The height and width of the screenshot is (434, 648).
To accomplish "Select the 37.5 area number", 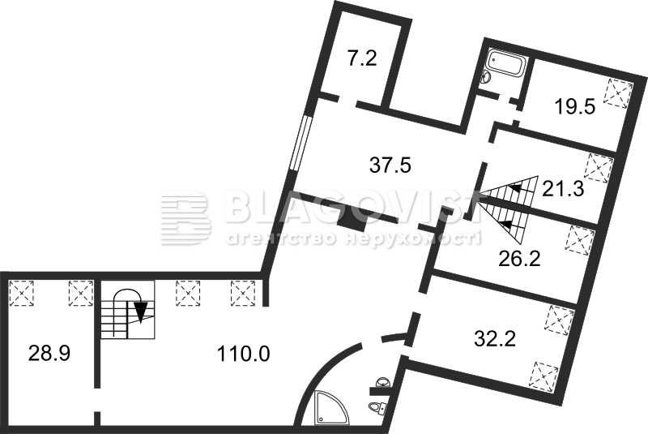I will point(390,165).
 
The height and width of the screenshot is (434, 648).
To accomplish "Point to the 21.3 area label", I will point(563,190).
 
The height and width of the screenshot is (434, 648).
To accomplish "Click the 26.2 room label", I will point(519,260).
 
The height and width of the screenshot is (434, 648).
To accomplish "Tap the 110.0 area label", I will point(243,354).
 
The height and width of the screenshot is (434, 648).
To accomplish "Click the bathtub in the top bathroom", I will point(506,64).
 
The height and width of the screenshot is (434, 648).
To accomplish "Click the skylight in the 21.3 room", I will point(599,169).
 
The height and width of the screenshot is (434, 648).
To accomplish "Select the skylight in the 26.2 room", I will point(579,240).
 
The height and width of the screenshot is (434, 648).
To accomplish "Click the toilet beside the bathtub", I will point(485,76).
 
